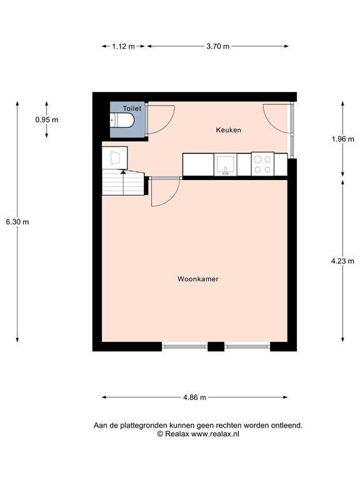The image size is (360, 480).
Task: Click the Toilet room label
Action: [132, 108]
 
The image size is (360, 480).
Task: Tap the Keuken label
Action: [228, 130]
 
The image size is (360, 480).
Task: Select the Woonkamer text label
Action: [197, 279]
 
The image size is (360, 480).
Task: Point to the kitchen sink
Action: [225, 166]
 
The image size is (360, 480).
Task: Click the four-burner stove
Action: [261, 164]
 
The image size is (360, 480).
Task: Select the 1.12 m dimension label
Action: [123, 46]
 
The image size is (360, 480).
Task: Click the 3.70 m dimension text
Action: [217, 46]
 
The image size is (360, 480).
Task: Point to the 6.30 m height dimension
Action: [17, 222]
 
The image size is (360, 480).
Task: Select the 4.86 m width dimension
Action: [194, 397]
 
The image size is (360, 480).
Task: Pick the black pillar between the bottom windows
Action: [216, 346]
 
